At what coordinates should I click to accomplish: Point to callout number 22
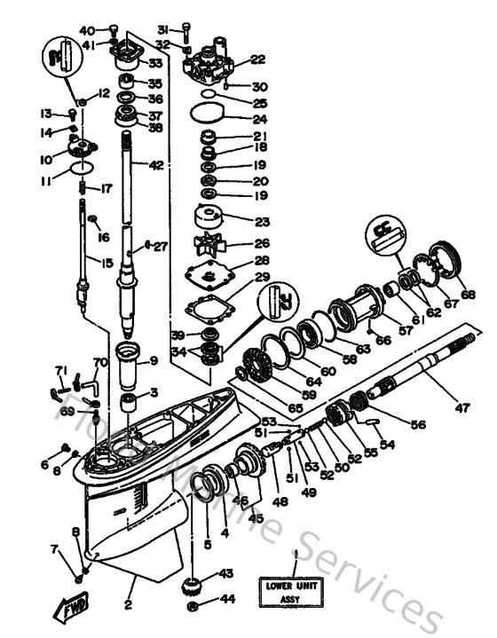[x=257, y=60]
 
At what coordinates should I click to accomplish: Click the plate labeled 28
[x=210, y=275]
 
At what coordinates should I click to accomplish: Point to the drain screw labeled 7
[x=79, y=578]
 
